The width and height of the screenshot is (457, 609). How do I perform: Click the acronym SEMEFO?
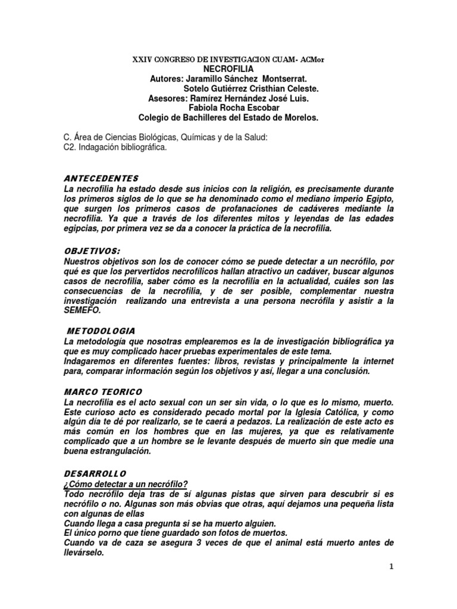pyautogui.click(x=83, y=310)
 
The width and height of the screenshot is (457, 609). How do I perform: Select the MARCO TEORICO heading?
pyautogui.click(x=103, y=393)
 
